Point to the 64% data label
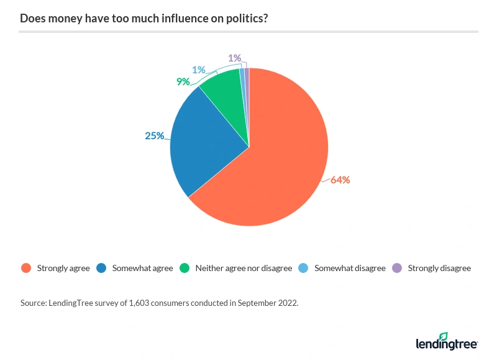point(340,180)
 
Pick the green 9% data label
point(183,81)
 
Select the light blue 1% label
point(198,70)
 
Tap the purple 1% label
point(235,58)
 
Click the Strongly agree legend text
point(63,268)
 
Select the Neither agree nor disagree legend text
point(244,268)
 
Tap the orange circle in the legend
point(25,268)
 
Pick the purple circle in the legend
point(398,268)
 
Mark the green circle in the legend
point(185,268)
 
